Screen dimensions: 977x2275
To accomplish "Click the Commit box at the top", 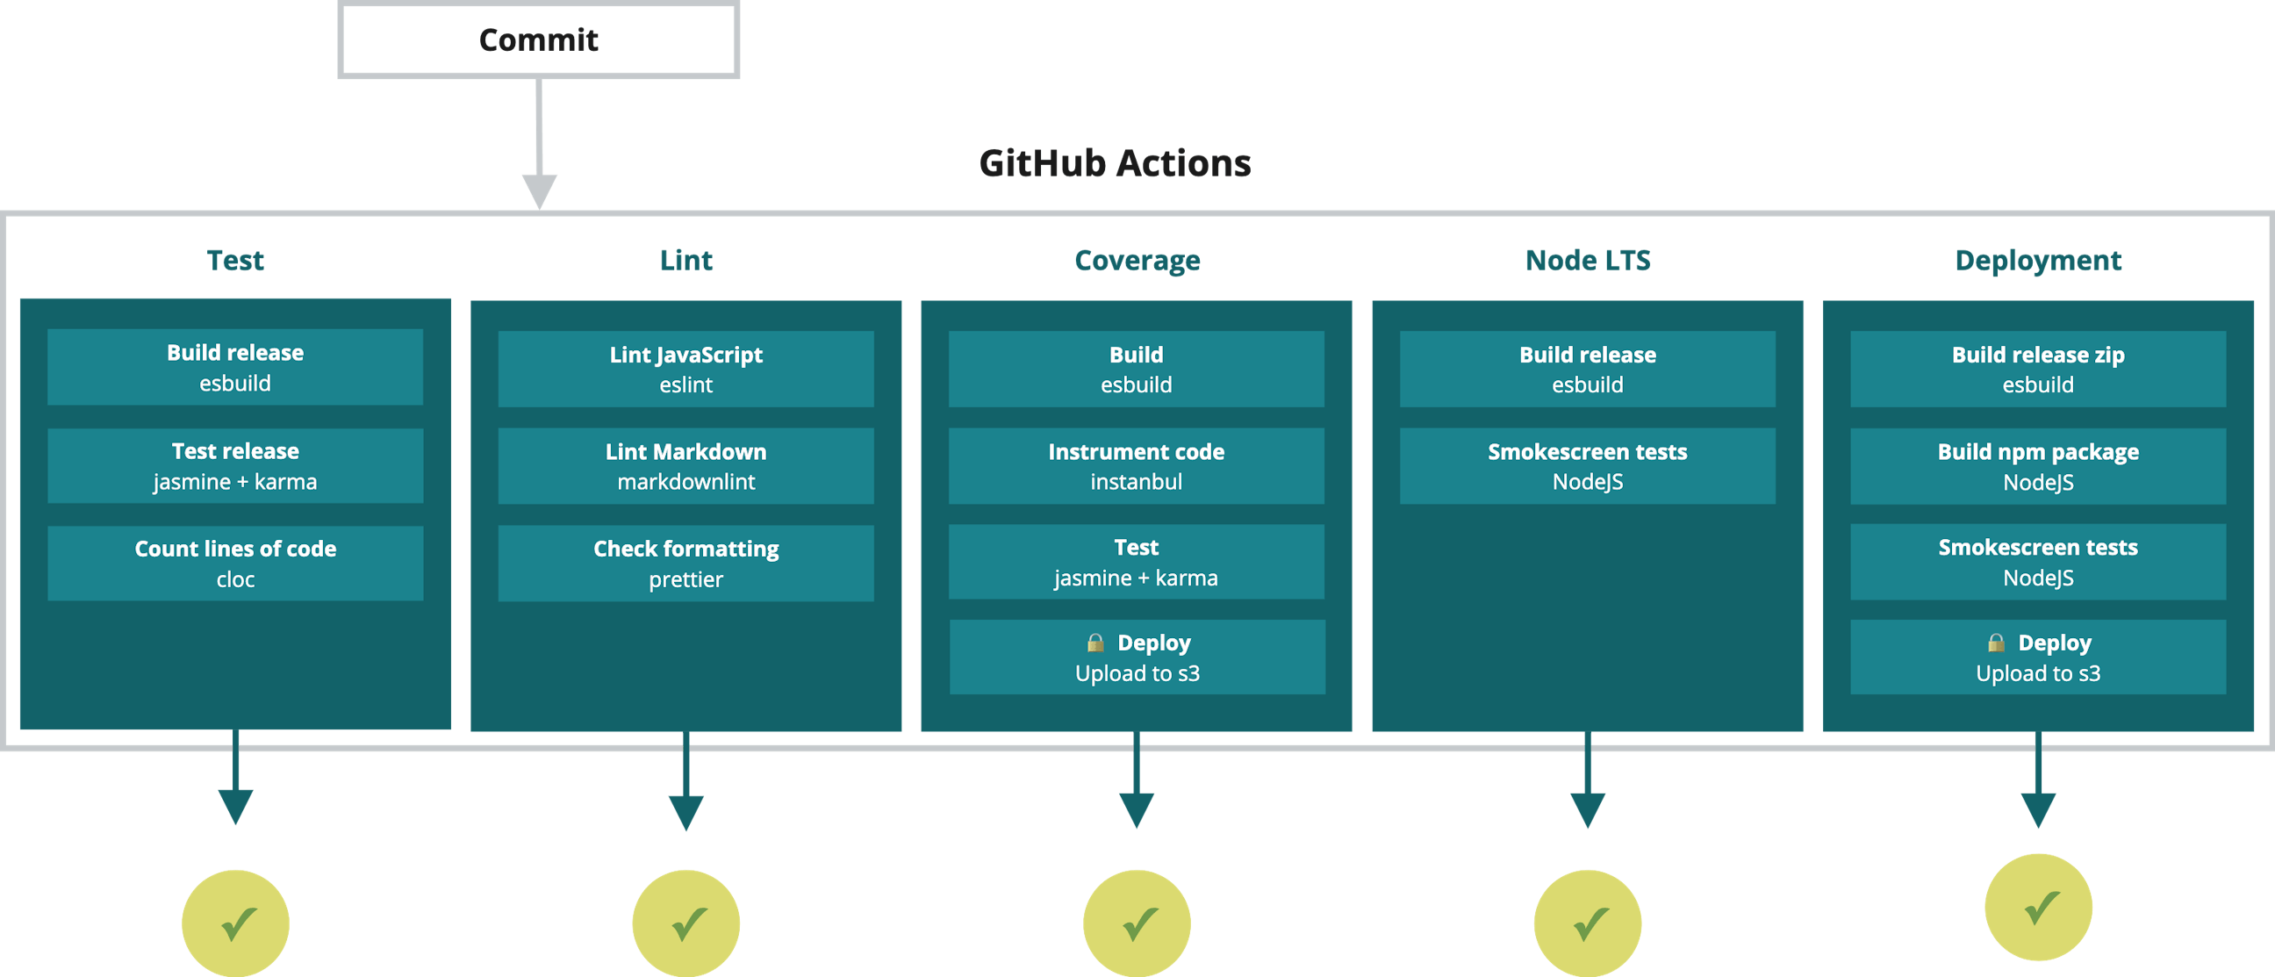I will [x=538, y=40].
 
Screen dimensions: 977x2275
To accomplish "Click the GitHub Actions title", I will [x=1115, y=163].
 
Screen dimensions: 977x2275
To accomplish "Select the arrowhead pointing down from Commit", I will [x=539, y=189].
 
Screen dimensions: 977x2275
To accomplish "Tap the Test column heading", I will [x=235, y=261].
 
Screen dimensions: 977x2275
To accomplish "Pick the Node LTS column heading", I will [x=1587, y=261].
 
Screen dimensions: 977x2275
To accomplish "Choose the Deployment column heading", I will [x=2037, y=261].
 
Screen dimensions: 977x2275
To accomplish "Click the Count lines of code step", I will [x=235, y=563].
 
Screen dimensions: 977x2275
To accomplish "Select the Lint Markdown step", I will [x=685, y=465].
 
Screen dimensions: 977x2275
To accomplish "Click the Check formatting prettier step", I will [x=685, y=563].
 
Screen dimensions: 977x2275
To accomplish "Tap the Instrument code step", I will [x=1136, y=465].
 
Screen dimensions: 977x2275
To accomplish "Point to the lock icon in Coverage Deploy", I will [x=1095, y=643].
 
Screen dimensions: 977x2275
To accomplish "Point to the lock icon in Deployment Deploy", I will [x=1996, y=643].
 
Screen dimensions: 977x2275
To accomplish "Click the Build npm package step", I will [x=2037, y=465].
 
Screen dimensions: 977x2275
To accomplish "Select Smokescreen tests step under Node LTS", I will [x=1587, y=465].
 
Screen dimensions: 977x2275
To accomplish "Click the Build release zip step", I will [x=2037, y=369].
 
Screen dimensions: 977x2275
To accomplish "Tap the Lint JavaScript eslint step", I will [x=685, y=369].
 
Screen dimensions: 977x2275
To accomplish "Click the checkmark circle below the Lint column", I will [x=685, y=923].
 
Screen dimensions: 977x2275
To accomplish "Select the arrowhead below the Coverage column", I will [x=1136, y=808].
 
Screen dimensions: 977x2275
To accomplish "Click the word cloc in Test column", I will [x=235, y=579].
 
